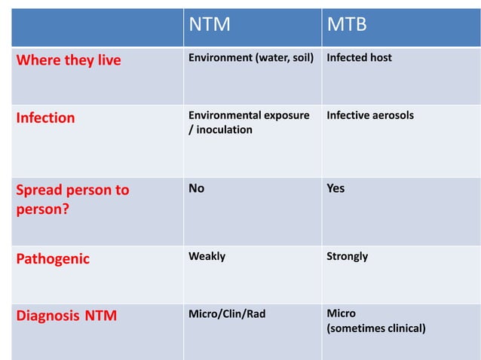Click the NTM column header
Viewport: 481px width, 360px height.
click(x=209, y=26)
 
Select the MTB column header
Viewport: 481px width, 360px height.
click(x=346, y=26)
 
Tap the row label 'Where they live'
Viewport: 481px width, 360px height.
click(x=69, y=60)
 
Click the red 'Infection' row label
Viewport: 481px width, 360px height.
click(x=46, y=118)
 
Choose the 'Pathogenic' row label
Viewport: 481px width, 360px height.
click(x=53, y=259)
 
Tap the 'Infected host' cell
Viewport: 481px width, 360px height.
click(x=359, y=58)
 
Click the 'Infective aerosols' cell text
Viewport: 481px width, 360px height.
click(x=369, y=116)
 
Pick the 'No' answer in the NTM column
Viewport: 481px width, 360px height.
click(x=196, y=188)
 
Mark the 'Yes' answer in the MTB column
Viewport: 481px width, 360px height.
click(x=335, y=188)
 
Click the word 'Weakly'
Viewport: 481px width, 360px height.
click(x=207, y=257)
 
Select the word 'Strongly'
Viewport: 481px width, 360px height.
click(x=347, y=257)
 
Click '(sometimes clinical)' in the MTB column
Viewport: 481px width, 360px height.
click(x=375, y=328)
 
